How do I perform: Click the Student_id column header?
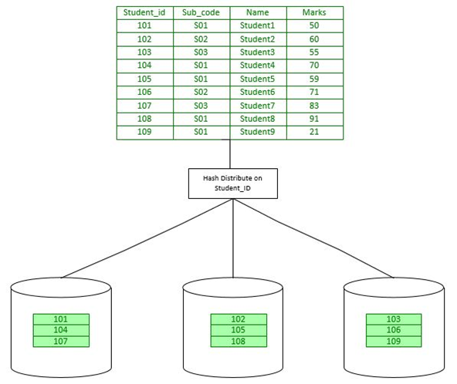pyautogui.click(x=144, y=12)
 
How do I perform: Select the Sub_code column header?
pyautogui.click(x=201, y=12)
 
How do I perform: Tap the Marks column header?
pyautogui.click(x=314, y=12)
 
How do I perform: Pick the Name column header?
pyautogui.click(x=258, y=12)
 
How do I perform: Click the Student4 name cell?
pyautogui.click(x=257, y=66)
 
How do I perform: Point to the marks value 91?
pyautogui.click(x=314, y=119)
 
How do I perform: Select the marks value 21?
pyautogui.click(x=314, y=132)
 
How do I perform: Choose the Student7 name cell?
pyautogui.click(x=257, y=106)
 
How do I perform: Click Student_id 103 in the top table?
pyautogui.click(x=144, y=52)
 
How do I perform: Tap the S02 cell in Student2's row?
pyautogui.click(x=201, y=39)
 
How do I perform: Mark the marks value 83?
pyautogui.click(x=314, y=106)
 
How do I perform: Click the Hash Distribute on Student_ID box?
pyautogui.click(x=233, y=184)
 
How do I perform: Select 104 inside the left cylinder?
pyautogui.click(x=61, y=330)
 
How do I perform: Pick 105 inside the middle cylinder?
pyautogui.click(x=239, y=330)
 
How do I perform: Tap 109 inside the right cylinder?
pyautogui.click(x=394, y=341)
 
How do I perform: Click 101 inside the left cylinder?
pyautogui.click(x=61, y=319)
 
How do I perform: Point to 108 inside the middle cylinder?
pyautogui.click(x=239, y=341)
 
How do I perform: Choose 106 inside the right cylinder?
pyautogui.click(x=394, y=330)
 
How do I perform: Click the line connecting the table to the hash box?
pyautogui.click(x=230, y=154)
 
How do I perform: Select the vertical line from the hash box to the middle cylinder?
pyautogui.click(x=233, y=238)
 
